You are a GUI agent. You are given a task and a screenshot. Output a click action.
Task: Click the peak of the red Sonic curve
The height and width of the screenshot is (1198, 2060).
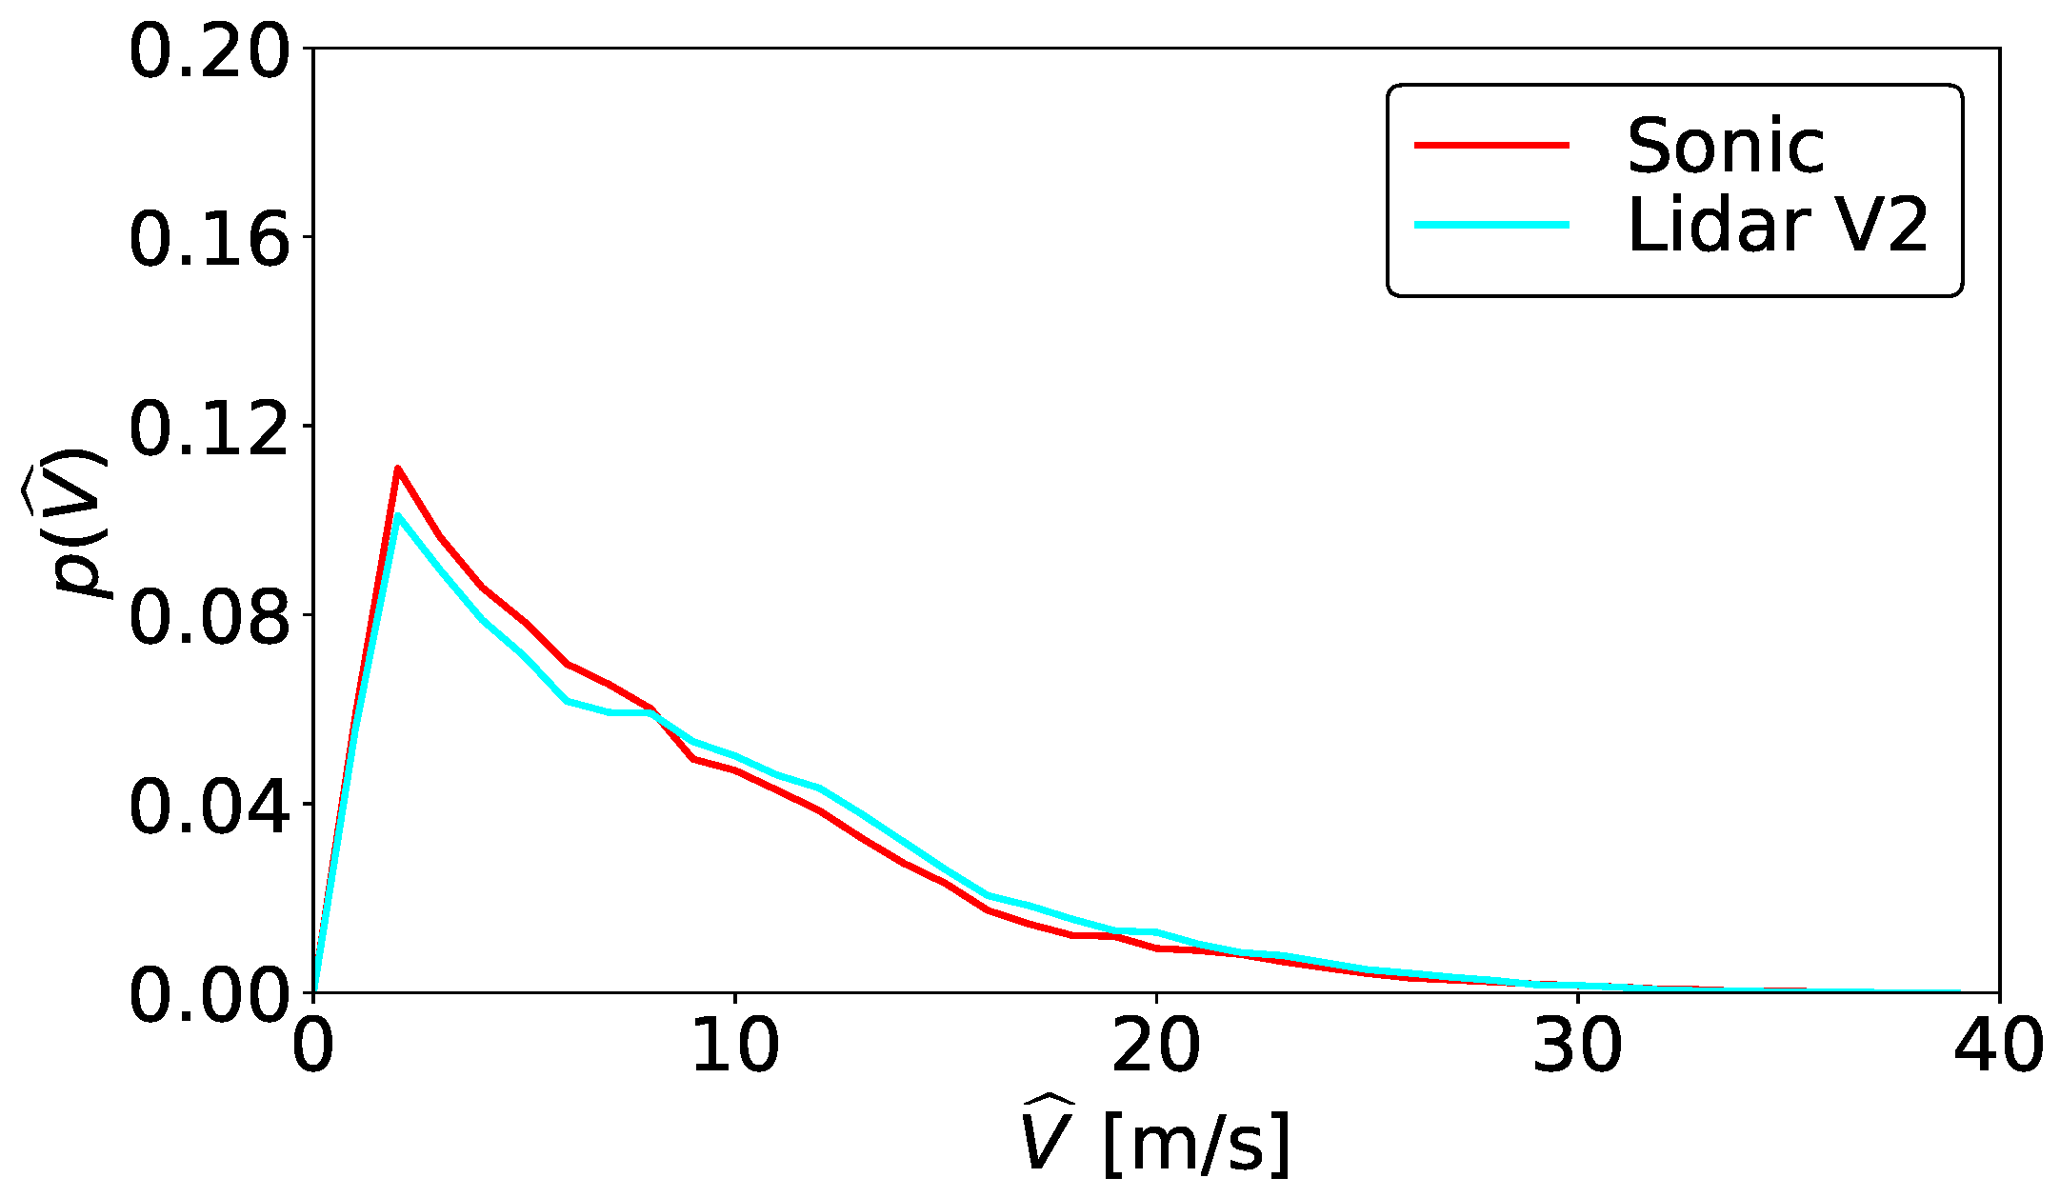pyautogui.click(x=398, y=469)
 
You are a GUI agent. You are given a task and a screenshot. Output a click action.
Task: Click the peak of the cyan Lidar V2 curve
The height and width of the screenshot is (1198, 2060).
pyautogui.click(x=398, y=515)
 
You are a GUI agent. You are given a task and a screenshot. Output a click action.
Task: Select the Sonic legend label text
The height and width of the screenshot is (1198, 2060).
pyautogui.click(x=1725, y=147)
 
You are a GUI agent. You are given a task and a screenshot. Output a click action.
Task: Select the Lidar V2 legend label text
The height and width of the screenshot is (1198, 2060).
pyautogui.click(x=1777, y=226)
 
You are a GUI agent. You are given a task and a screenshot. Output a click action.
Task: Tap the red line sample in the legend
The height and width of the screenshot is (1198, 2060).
pyautogui.click(x=1490, y=145)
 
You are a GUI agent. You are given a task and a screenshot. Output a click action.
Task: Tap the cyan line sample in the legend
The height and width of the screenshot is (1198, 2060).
pyautogui.click(x=1490, y=225)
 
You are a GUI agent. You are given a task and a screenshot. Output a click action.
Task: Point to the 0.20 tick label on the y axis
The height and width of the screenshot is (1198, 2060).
pyautogui.click(x=208, y=51)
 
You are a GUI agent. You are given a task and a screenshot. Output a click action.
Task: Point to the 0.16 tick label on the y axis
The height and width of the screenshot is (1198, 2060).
pyautogui.click(x=208, y=240)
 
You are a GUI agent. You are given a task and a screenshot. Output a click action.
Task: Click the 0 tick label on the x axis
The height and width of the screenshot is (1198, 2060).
pyautogui.click(x=313, y=1046)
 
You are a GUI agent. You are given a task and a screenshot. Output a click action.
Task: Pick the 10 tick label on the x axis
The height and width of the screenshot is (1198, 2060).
pyautogui.click(x=735, y=1046)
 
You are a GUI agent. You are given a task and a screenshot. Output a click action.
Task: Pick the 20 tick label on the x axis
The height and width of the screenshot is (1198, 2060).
pyautogui.click(x=1156, y=1046)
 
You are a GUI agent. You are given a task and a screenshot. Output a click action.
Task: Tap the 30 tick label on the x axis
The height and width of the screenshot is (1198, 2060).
pyautogui.click(x=1577, y=1046)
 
